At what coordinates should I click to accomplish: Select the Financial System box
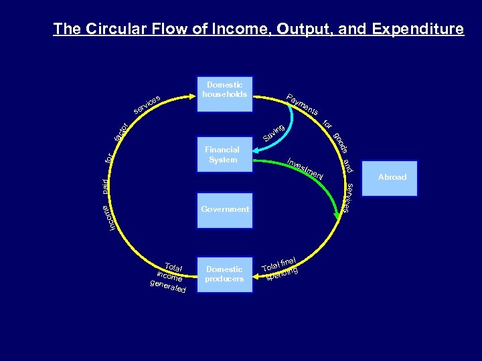(x=224, y=155)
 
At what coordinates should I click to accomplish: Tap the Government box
(x=224, y=210)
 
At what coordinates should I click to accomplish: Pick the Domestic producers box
(x=224, y=274)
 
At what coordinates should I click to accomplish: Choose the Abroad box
(x=392, y=178)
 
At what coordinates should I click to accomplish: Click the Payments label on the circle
(x=301, y=104)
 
